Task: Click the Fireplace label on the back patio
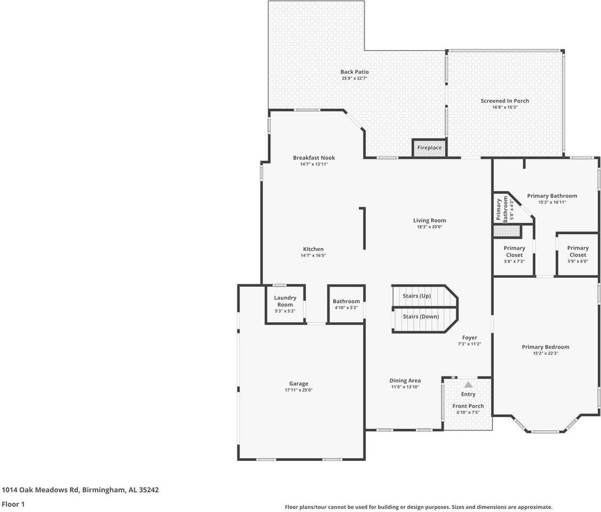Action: [429, 148]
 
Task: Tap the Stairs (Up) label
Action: [416, 296]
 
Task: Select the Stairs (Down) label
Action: [421, 316]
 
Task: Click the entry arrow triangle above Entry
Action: [468, 385]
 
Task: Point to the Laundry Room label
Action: [285, 301]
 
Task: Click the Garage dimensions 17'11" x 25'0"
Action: [299, 390]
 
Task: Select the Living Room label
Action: [429, 220]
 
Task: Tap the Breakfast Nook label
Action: [314, 158]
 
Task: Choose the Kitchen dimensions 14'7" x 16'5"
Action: [313, 255]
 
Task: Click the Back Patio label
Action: [355, 72]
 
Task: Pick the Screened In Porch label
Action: [504, 101]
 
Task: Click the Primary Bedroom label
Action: [545, 347]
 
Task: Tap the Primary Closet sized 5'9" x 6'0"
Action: [578, 251]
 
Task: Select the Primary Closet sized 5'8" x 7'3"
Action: [514, 251]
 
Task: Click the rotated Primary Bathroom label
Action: [502, 209]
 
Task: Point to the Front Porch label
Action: [468, 406]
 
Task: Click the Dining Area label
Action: [405, 380]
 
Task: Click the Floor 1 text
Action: [13, 504]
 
